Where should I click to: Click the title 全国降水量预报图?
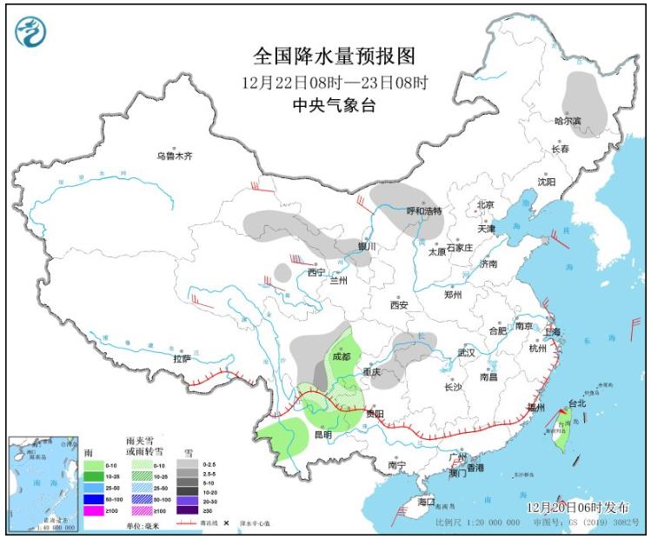click(334, 57)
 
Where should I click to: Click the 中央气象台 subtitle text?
click(334, 105)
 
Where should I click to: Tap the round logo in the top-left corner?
click(31, 31)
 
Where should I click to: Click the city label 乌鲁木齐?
click(174, 156)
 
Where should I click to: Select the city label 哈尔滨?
click(568, 121)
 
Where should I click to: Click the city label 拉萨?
click(182, 358)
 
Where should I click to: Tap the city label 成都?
click(342, 356)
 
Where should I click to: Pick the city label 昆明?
click(322, 434)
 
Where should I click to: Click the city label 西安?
click(399, 305)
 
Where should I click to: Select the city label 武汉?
click(466, 353)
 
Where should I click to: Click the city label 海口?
click(425, 502)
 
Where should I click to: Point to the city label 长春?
click(561, 150)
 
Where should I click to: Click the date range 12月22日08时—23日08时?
click(334, 83)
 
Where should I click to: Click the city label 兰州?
click(337, 281)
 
